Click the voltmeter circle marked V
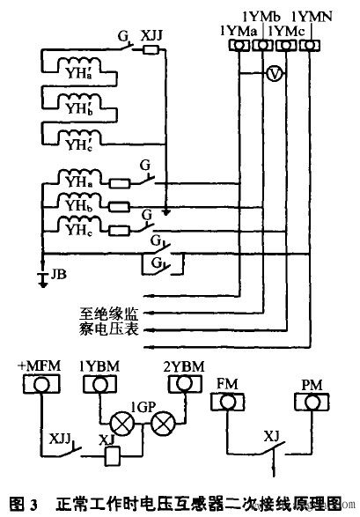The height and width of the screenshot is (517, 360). point(274,76)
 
